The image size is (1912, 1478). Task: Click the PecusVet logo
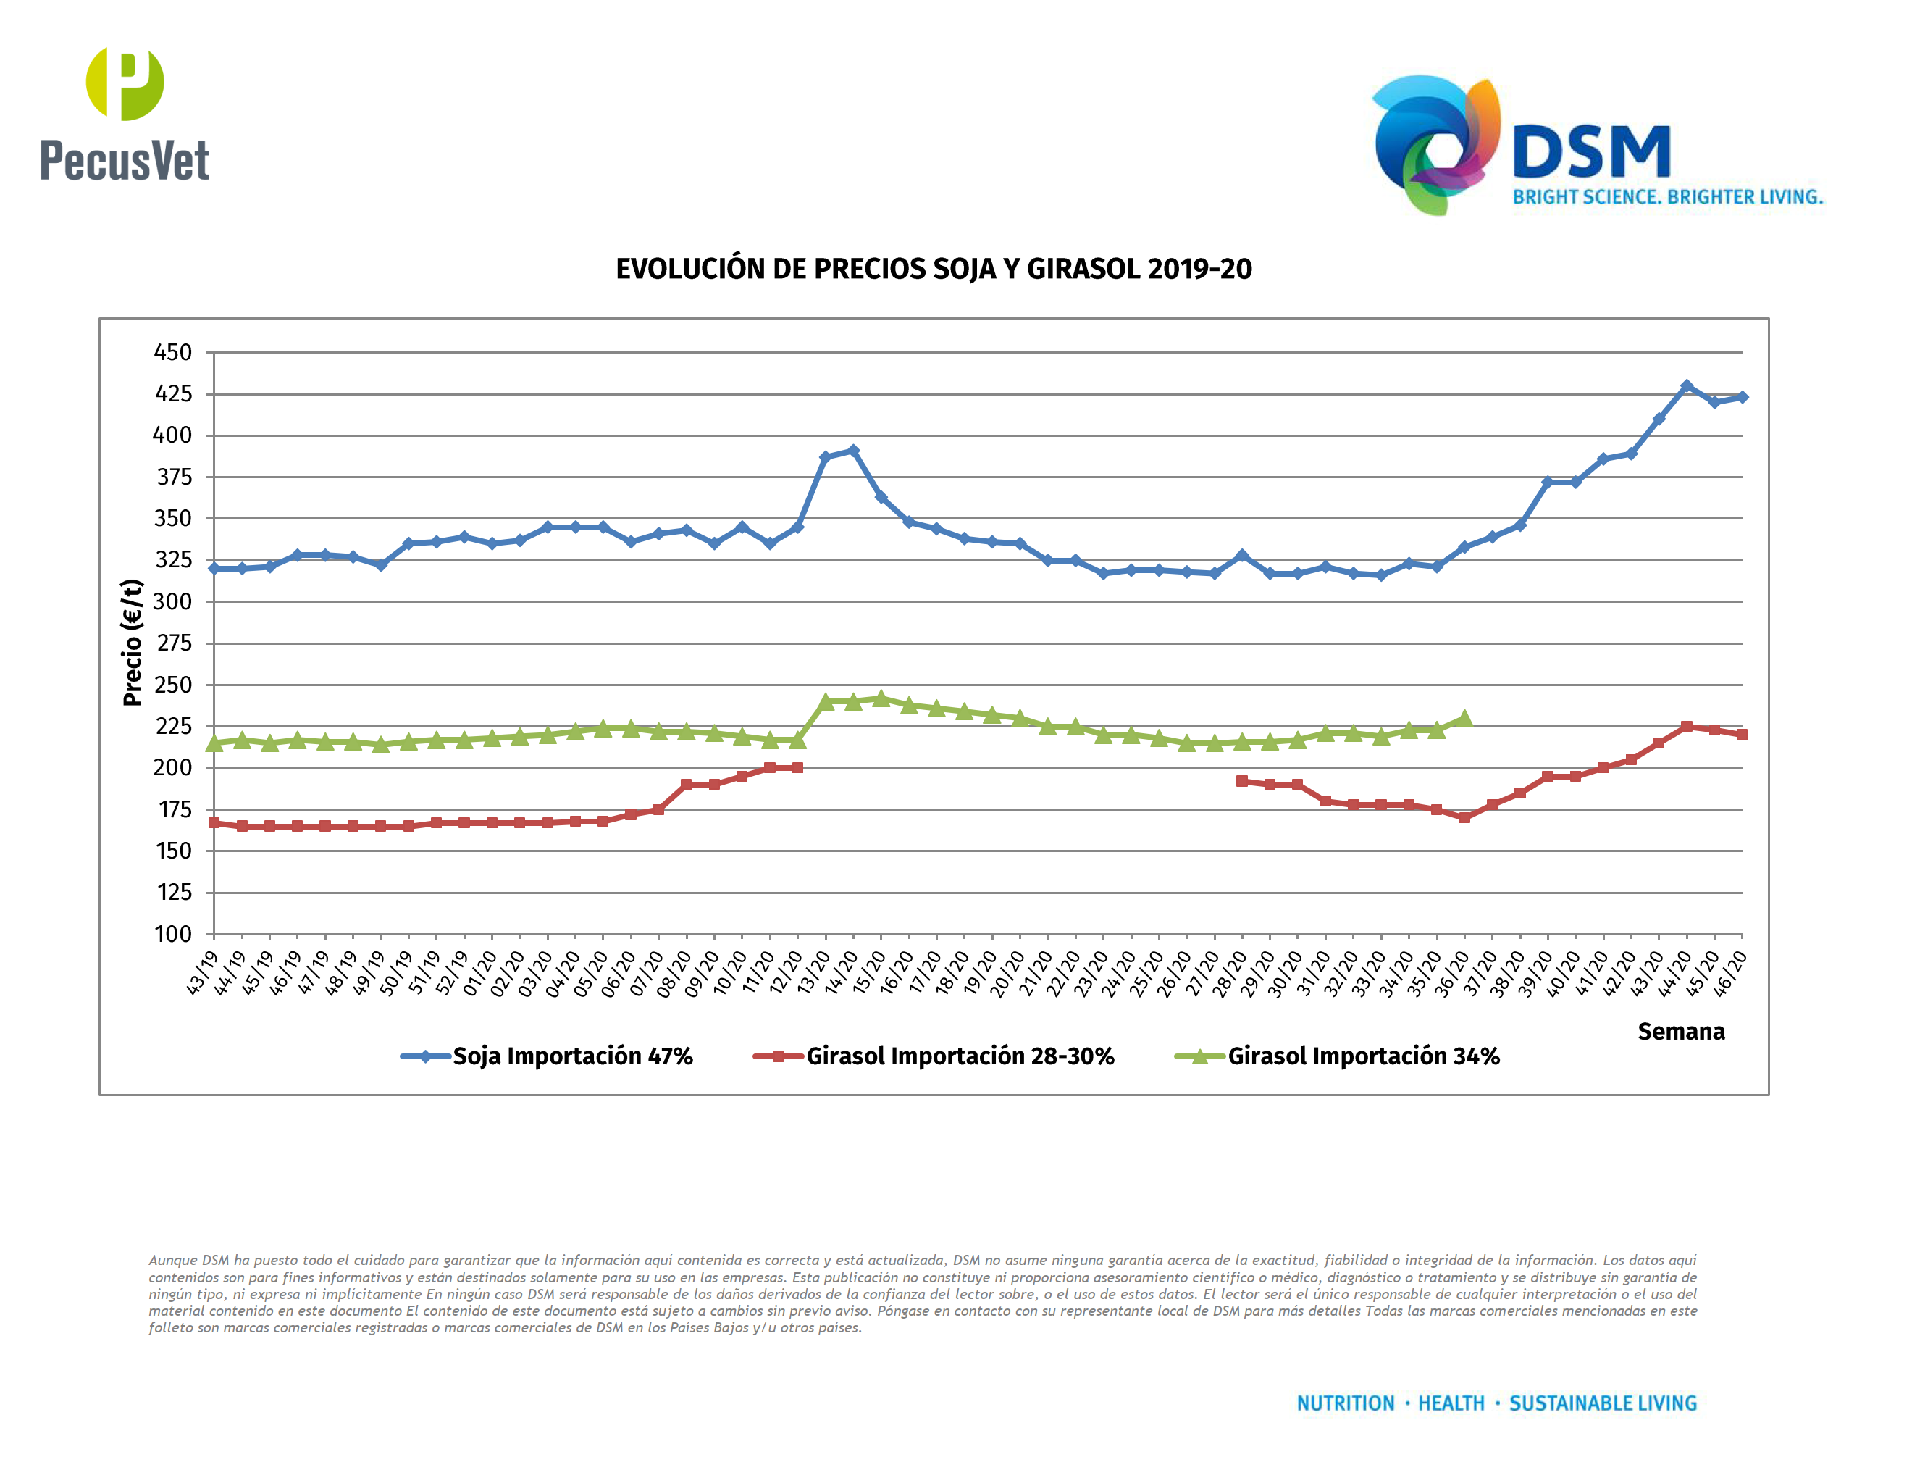[x=125, y=114]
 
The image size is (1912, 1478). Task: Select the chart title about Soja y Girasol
[x=934, y=269]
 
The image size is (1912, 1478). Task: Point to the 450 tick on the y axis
[x=172, y=353]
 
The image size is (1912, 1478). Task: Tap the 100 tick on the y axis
[x=172, y=935]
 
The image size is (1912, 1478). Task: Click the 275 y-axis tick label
[x=172, y=643]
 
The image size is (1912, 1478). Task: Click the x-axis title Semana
[x=1680, y=1032]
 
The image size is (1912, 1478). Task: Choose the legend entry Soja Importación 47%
[x=571, y=1057]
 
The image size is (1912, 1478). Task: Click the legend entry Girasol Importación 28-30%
[x=960, y=1057]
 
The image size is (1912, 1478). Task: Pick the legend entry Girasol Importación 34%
[x=1362, y=1057]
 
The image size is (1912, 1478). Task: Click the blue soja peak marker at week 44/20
[x=1686, y=386]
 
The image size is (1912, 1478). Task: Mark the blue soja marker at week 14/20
[x=852, y=451]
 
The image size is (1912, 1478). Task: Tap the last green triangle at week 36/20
[x=1464, y=719]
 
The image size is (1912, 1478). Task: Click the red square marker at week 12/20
[x=797, y=768]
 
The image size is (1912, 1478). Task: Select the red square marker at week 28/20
[x=1241, y=781]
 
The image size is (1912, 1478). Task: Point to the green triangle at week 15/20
[x=881, y=698]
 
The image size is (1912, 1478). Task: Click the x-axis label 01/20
[x=479, y=974]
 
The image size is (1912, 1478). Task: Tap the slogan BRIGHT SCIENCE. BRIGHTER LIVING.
[x=1667, y=197]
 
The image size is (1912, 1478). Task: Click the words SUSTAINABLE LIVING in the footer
[x=1602, y=1403]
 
